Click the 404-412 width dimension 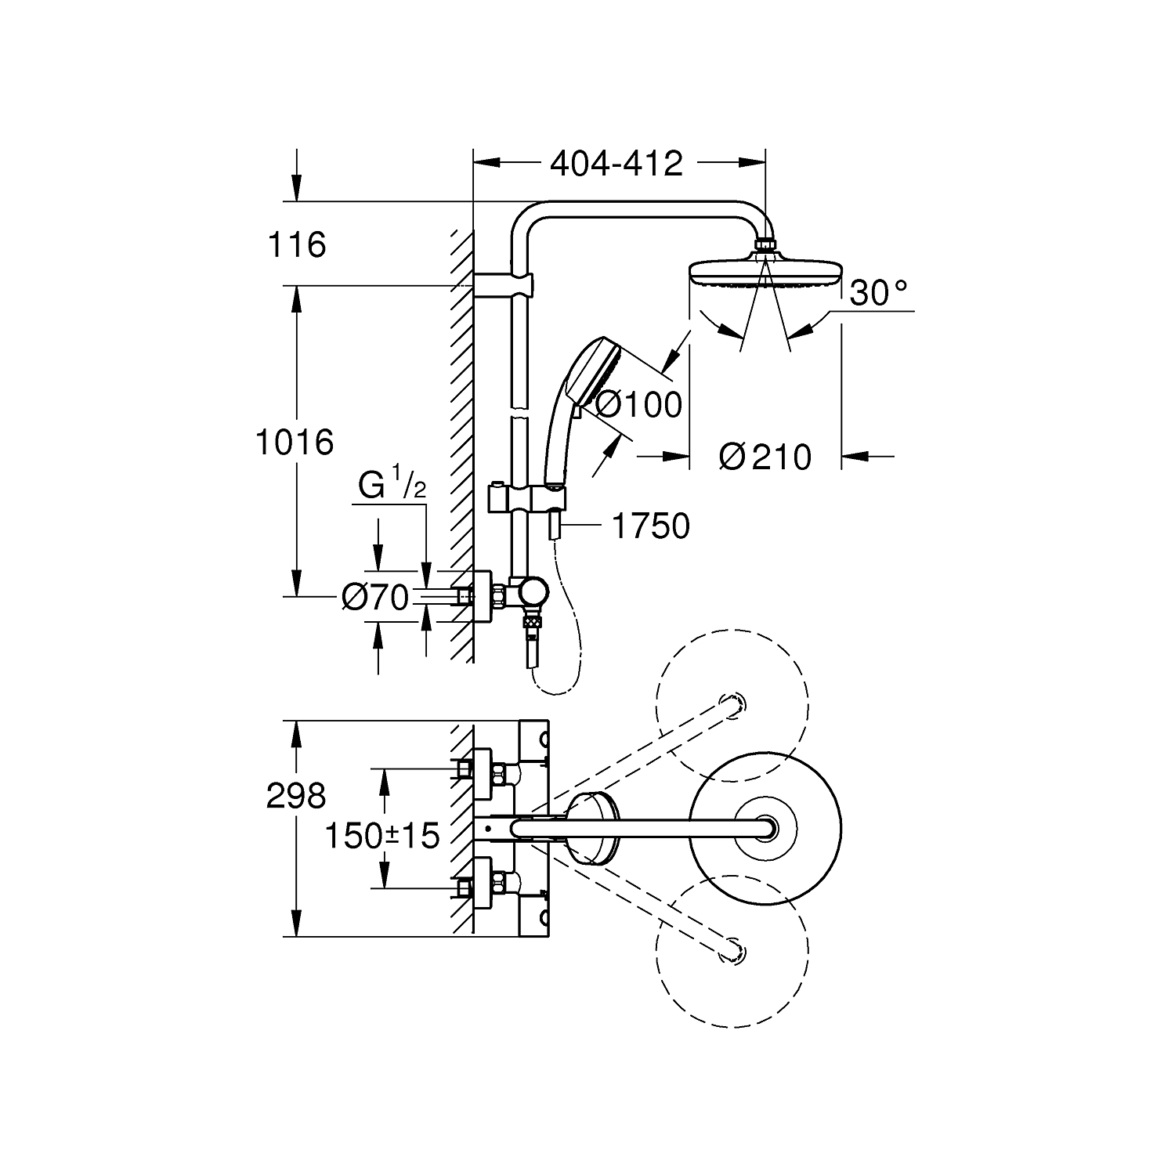(x=616, y=163)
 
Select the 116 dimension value (x=297, y=245)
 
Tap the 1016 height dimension (x=295, y=443)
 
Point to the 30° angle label (x=878, y=293)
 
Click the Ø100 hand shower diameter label (x=638, y=405)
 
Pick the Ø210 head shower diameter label (x=765, y=457)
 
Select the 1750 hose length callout (x=649, y=526)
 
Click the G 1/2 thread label (x=392, y=485)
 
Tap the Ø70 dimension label (x=376, y=598)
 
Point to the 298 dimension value (x=295, y=797)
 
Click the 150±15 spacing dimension (x=382, y=836)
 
